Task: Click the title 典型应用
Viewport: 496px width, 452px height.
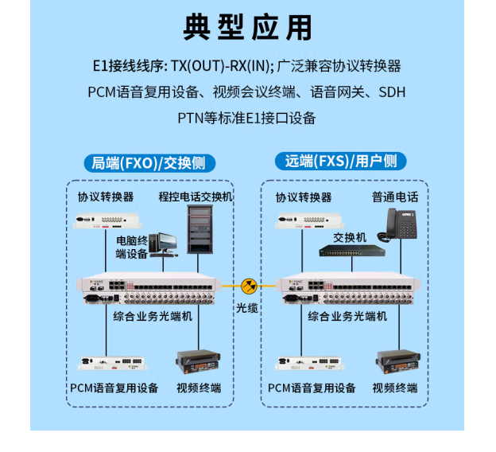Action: (247, 26)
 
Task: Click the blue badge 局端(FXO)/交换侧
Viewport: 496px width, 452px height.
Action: (149, 163)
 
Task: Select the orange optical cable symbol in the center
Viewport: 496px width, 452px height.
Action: (249, 284)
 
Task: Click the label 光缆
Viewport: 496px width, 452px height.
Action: (247, 308)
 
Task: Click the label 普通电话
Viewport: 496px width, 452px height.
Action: (395, 197)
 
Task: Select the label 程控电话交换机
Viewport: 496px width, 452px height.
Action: (195, 197)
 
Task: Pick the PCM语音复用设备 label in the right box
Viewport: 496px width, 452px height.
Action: (312, 388)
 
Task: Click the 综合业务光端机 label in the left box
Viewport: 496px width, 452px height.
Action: (153, 317)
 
